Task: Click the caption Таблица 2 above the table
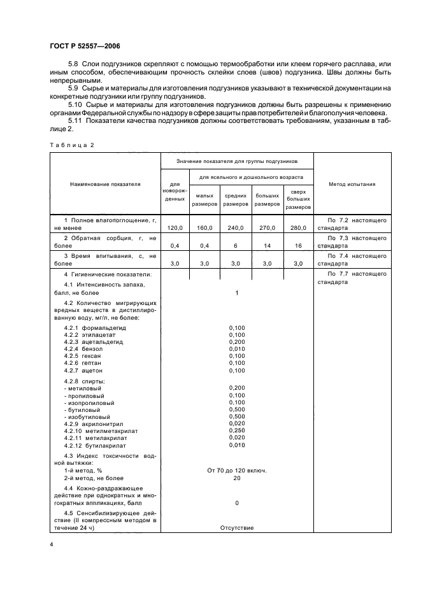pyautogui.click(x=71, y=145)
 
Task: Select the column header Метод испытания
pyautogui.click(x=352, y=184)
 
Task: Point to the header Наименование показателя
pyautogui.click(x=105, y=184)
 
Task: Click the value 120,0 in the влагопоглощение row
pyautogui.click(x=175, y=227)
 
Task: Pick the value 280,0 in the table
pyautogui.click(x=299, y=227)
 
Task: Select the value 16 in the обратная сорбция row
pyautogui.click(x=299, y=245)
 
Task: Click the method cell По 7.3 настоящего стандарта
pyautogui.click(x=352, y=241)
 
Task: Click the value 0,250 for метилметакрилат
pyautogui.click(x=236, y=430)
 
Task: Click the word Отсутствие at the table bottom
pyautogui.click(x=236, y=528)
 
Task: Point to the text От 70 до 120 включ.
pyautogui.click(x=236, y=470)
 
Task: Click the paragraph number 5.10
pyautogui.click(x=75, y=103)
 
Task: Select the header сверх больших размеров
pyautogui.click(x=299, y=199)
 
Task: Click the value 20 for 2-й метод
pyautogui.click(x=236, y=478)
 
